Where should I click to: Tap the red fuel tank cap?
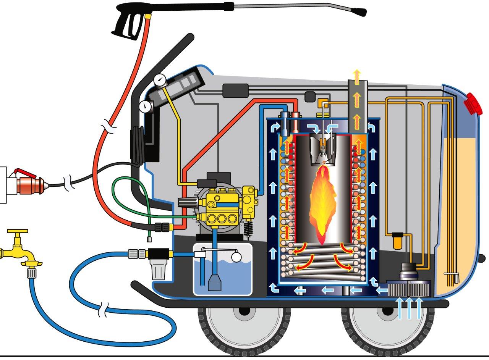coord(473,103)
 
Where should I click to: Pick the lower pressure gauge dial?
coord(144,107)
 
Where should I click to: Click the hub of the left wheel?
coord(242,311)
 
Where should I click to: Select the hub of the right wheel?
coord(387,311)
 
